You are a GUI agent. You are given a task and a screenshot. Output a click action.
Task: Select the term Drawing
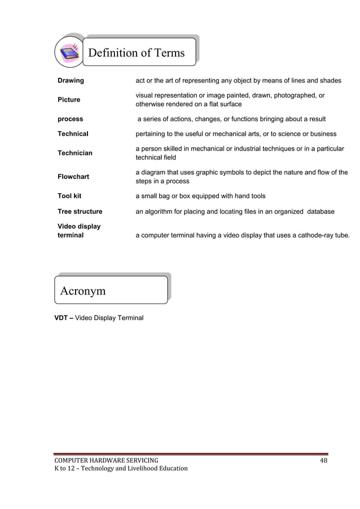click(71, 81)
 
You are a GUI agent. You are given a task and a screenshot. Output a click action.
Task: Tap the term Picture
click(69, 100)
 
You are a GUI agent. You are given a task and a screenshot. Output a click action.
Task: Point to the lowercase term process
click(70, 119)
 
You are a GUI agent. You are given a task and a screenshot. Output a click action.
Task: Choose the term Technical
click(73, 134)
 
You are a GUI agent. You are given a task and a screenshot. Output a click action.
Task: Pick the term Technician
click(75, 153)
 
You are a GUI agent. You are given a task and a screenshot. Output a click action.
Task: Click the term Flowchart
click(73, 177)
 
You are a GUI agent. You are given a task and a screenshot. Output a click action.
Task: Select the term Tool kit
click(69, 196)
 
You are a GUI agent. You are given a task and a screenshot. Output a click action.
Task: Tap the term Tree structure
click(80, 212)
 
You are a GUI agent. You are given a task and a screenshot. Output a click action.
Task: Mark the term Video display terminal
click(79, 231)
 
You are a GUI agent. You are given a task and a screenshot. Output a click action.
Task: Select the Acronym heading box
click(111, 290)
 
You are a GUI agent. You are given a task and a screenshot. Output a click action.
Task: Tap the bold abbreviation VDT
click(62, 318)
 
